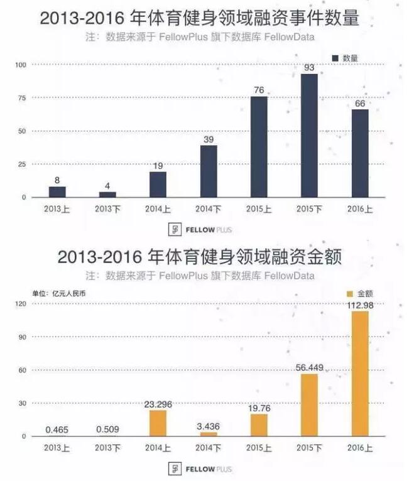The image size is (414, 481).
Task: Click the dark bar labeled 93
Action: pyautogui.click(x=309, y=135)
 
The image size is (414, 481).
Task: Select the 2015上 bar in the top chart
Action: pyautogui.click(x=259, y=147)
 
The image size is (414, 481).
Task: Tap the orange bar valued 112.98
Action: pyautogui.click(x=359, y=373)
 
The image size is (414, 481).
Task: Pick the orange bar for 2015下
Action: pyautogui.click(x=309, y=405)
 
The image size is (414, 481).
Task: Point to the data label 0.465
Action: pyautogui.click(x=57, y=430)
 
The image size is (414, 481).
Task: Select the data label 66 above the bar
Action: pyautogui.click(x=359, y=103)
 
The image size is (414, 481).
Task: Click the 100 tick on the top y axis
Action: pyautogui.click(x=21, y=64)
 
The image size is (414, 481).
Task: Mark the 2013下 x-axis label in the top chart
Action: pyautogui.click(x=107, y=208)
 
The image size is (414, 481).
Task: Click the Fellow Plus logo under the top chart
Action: pyautogui.click(x=199, y=229)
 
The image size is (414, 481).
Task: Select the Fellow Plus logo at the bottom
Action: pyautogui.click(x=199, y=468)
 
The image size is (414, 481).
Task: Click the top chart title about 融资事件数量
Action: pyautogui.click(x=200, y=19)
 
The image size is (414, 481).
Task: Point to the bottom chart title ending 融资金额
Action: pyautogui.click(x=200, y=257)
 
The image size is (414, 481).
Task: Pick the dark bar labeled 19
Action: pyautogui.click(x=158, y=185)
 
